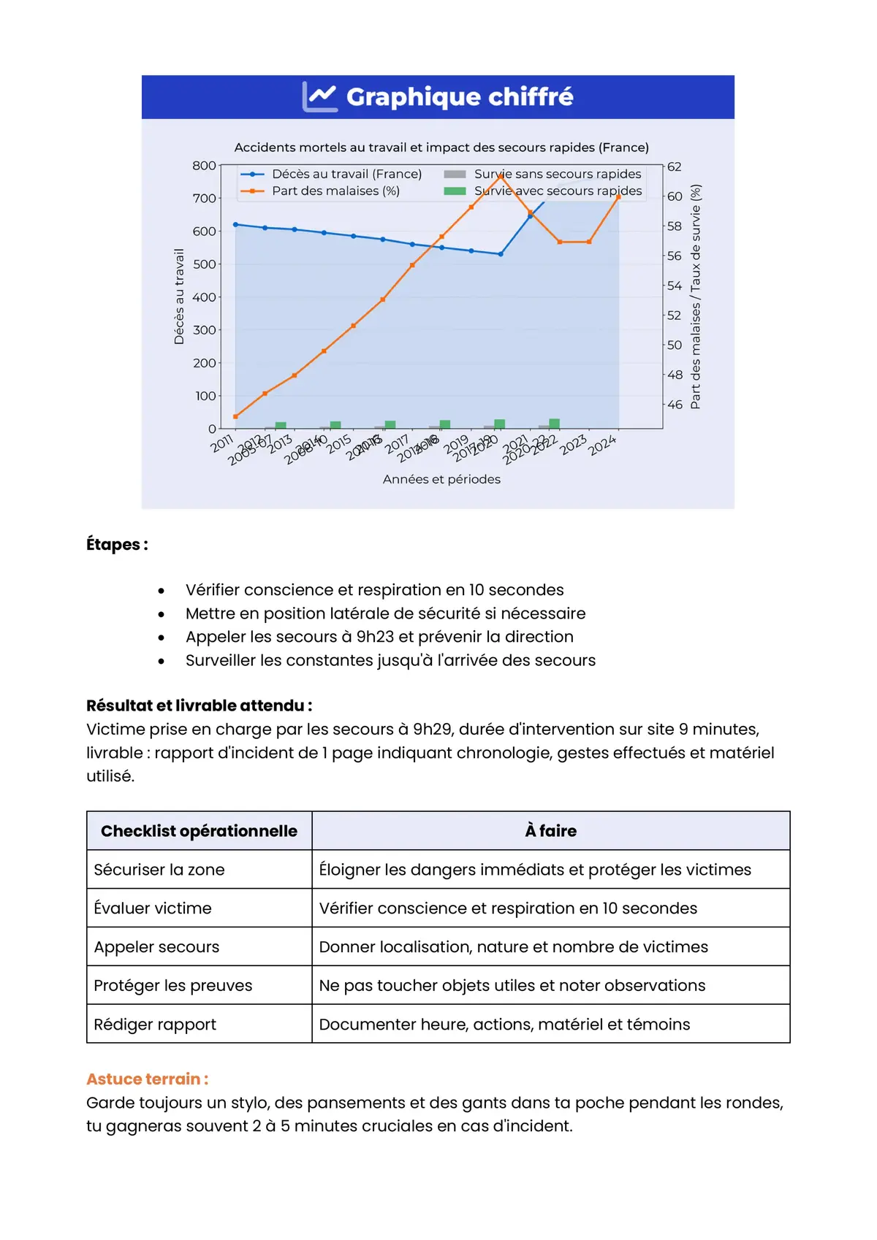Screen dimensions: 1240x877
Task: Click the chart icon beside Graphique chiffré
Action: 320,96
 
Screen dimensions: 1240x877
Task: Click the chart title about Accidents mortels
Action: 441,148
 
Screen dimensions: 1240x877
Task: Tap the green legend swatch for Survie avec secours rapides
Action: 455,191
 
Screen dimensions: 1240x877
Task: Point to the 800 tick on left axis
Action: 204,166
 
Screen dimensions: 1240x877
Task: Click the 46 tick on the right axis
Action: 675,405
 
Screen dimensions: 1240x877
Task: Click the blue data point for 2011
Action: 235,225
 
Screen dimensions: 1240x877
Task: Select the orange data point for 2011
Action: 235,417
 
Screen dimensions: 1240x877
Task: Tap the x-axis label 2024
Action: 603,445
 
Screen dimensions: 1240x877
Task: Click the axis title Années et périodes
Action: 441,480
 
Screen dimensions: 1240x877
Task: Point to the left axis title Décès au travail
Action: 179,296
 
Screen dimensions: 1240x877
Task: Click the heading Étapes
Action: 117,545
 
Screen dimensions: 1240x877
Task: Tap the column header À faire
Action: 550,831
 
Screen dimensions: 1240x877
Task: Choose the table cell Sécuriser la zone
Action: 159,870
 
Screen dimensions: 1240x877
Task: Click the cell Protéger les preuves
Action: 173,986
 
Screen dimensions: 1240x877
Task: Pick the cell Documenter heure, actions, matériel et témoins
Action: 504,1025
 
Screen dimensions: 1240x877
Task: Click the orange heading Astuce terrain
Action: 147,1079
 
